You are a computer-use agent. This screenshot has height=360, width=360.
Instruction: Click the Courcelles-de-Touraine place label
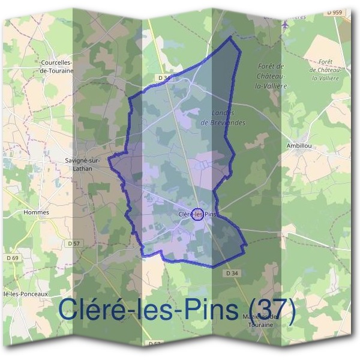coord(56,66)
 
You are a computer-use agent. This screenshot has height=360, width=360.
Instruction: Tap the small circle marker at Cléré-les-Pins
coord(197,214)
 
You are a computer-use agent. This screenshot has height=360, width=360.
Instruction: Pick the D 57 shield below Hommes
coord(73,243)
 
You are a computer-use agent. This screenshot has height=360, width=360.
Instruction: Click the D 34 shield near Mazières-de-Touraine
coord(234,273)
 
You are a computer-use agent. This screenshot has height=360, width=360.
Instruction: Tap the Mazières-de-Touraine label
coord(260,320)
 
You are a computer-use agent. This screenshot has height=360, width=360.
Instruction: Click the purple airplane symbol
coord(286,24)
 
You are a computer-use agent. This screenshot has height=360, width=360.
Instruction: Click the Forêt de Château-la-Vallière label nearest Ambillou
coord(326,70)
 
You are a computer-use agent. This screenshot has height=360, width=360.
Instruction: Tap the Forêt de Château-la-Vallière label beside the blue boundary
coord(271,76)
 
